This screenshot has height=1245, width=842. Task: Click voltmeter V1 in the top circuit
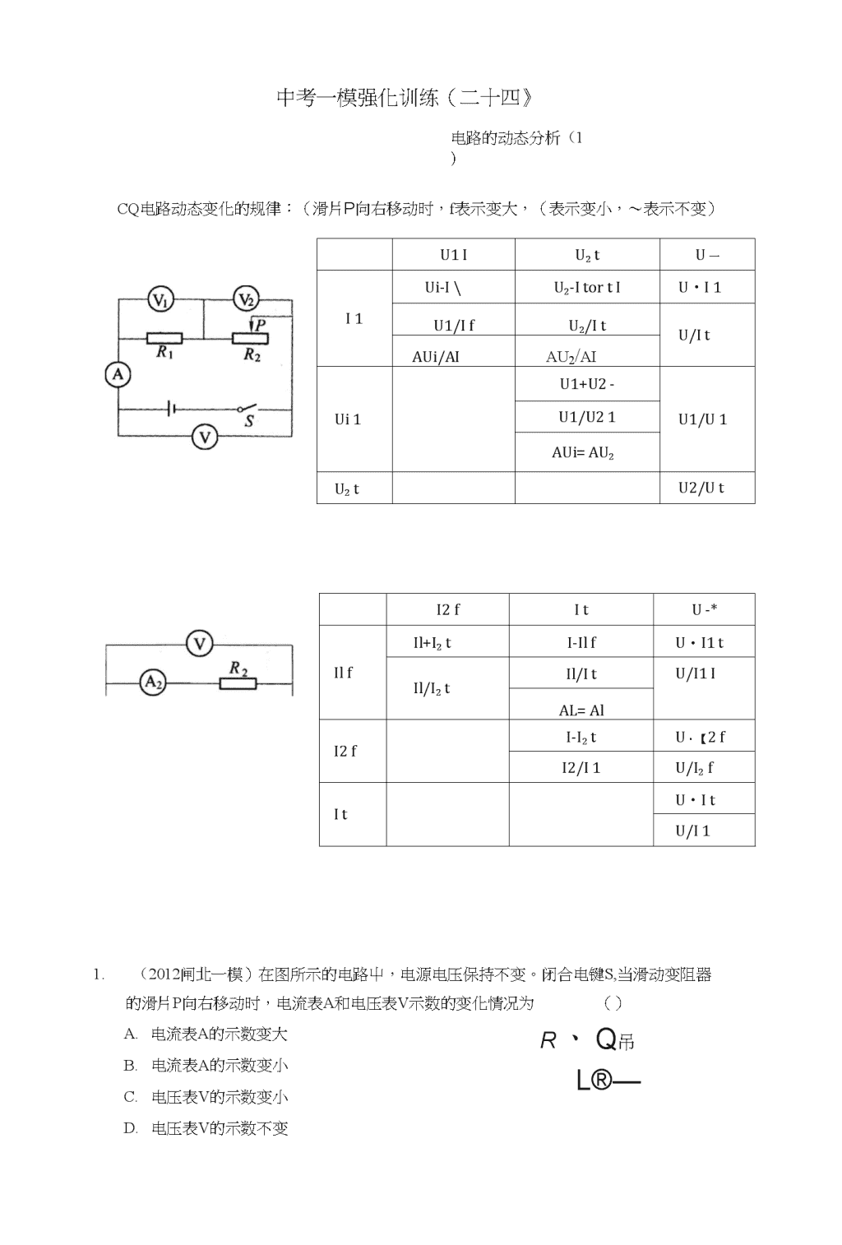(x=160, y=300)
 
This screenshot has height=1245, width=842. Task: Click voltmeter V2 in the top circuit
(x=246, y=299)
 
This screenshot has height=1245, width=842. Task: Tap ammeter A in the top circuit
(x=118, y=374)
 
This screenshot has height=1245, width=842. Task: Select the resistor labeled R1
(x=164, y=338)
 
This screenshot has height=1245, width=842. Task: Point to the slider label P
(x=260, y=325)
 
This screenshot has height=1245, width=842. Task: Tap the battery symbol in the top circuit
(x=171, y=410)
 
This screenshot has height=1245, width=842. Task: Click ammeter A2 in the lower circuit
(x=153, y=682)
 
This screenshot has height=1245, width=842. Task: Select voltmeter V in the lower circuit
(x=200, y=644)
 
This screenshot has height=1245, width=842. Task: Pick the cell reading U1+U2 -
(x=587, y=384)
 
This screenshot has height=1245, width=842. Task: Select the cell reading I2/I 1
(x=581, y=767)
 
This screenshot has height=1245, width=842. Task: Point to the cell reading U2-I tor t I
(x=587, y=287)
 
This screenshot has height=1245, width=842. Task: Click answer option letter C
(x=131, y=1097)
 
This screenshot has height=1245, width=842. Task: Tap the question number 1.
(x=99, y=975)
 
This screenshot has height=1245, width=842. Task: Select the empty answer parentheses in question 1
(x=613, y=1003)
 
